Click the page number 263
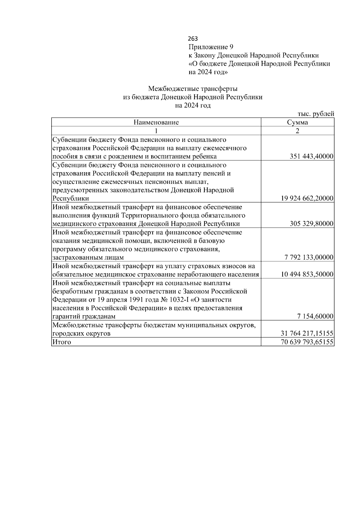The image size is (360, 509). point(193,39)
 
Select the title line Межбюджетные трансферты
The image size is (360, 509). point(193,89)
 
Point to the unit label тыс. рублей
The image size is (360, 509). point(316,114)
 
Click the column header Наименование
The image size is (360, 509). point(156,122)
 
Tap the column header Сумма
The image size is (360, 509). point(297,122)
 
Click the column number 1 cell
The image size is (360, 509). point(156,131)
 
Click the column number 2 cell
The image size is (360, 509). point(297,131)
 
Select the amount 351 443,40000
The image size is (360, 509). point(312,157)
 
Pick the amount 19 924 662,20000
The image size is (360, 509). point(307,199)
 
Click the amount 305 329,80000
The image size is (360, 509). point(312,224)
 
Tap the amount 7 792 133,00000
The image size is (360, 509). point(309,258)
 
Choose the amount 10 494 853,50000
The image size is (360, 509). point(307,274)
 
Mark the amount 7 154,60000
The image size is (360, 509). point(315,317)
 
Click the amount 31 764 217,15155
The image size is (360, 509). point(307,334)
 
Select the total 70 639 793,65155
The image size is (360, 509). point(307,342)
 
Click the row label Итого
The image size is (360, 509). point(62,342)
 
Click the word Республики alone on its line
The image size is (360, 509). point(70,199)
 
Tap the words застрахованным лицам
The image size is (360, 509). point(88,258)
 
